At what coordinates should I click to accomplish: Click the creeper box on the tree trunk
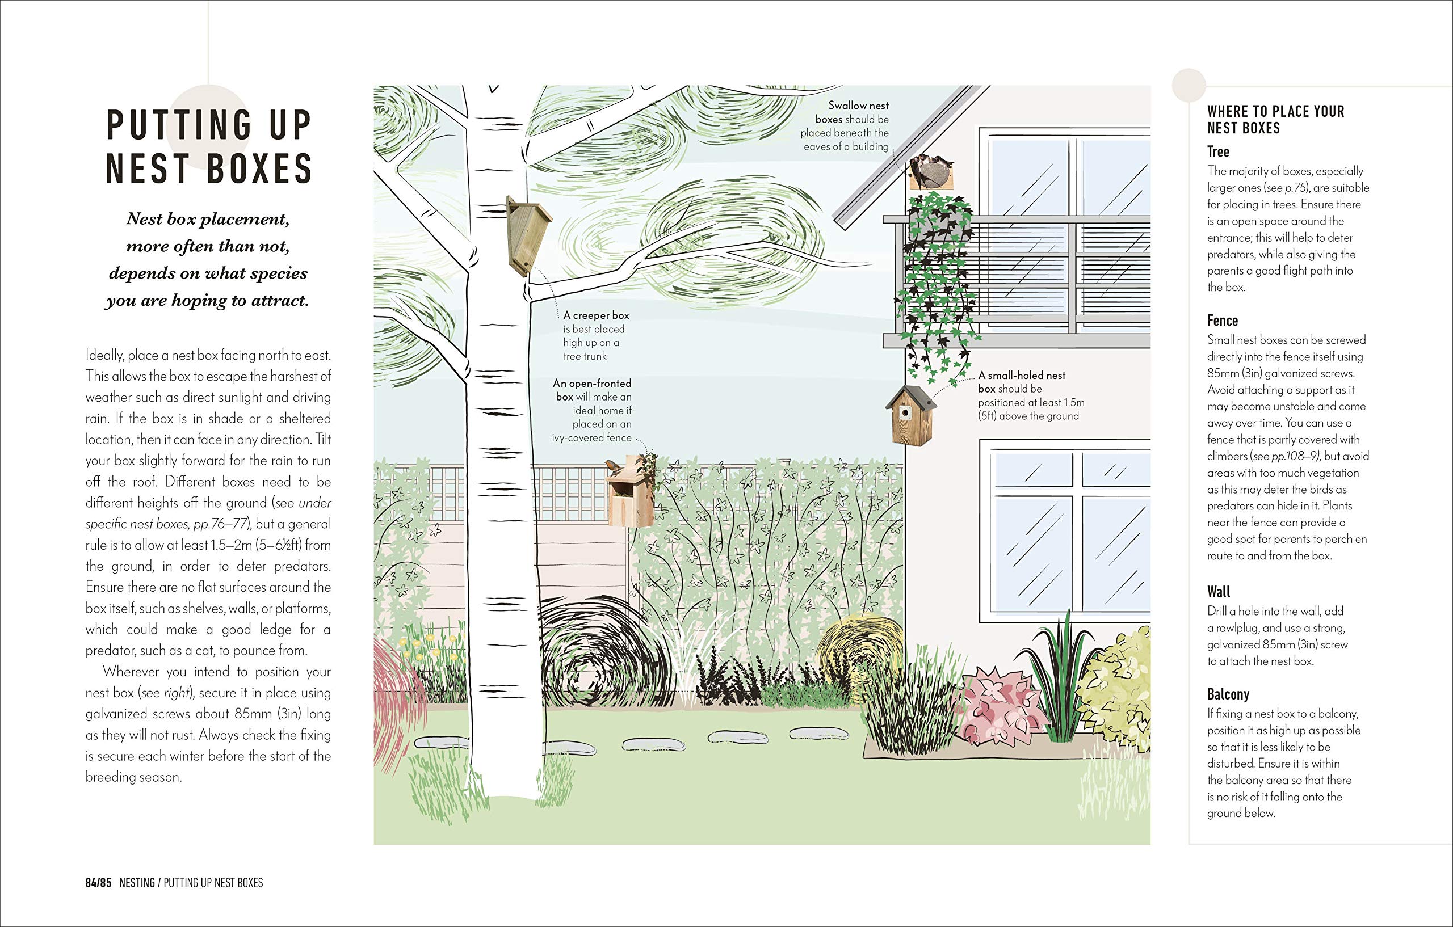pyautogui.click(x=526, y=235)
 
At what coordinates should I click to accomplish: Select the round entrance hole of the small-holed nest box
pyautogui.click(x=906, y=412)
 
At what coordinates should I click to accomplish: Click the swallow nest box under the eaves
pyautogui.click(x=931, y=172)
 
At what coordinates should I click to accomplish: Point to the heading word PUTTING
pyautogui.click(x=179, y=125)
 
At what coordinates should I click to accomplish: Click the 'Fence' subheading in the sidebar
pyautogui.click(x=1222, y=321)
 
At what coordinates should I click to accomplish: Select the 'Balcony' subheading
pyautogui.click(x=1228, y=694)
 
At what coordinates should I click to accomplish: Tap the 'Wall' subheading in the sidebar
pyautogui.click(x=1218, y=592)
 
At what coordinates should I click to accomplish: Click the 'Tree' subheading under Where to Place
pyautogui.click(x=1217, y=152)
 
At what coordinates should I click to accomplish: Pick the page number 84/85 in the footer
pyautogui.click(x=98, y=883)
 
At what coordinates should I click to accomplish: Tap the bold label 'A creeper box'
pyautogui.click(x=595, y=315)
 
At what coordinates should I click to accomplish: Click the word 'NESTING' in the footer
pyautogui.click(x=137, y=883)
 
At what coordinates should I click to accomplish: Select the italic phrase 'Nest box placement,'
pyautogui.click(x=208, y=220)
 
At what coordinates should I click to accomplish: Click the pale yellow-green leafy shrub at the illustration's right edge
pyautogui.click(x=1116, y=688)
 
